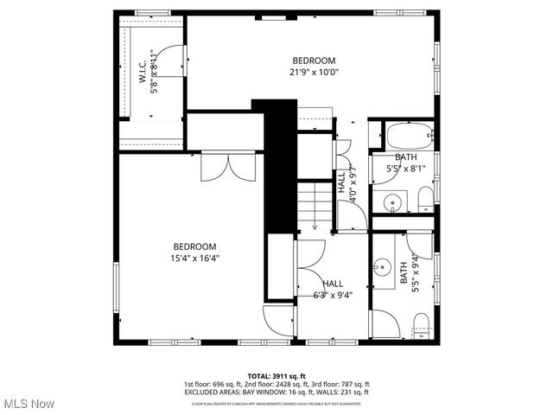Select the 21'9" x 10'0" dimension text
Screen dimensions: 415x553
tap(314, 73)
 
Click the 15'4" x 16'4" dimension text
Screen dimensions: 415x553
tap(194, 258)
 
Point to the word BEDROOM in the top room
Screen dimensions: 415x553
tap(314, 61)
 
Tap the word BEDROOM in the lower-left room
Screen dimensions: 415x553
tap(194, 246)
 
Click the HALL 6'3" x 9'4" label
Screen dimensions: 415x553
tap(333, 290)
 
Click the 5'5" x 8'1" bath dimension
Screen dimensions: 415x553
tap(405, 169)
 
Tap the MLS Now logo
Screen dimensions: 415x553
tap(29, 404)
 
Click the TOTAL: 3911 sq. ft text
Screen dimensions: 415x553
tap(276, 376)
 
